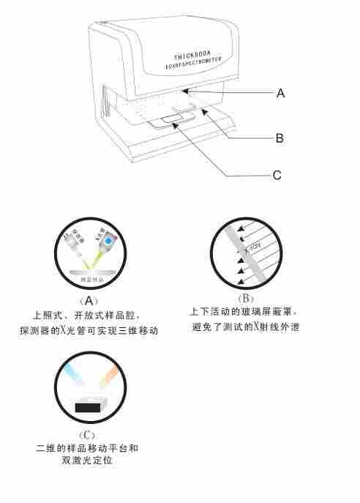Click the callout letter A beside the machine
(281, 94)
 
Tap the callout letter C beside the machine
(277, 176)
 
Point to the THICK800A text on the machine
(193, 56)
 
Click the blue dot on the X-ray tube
(109, 240)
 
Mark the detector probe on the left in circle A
(74, 242)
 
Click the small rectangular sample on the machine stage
(171, 117)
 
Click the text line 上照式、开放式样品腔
(88, 316)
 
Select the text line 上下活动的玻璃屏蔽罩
(244, 313)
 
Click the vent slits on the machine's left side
(108, 102)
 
